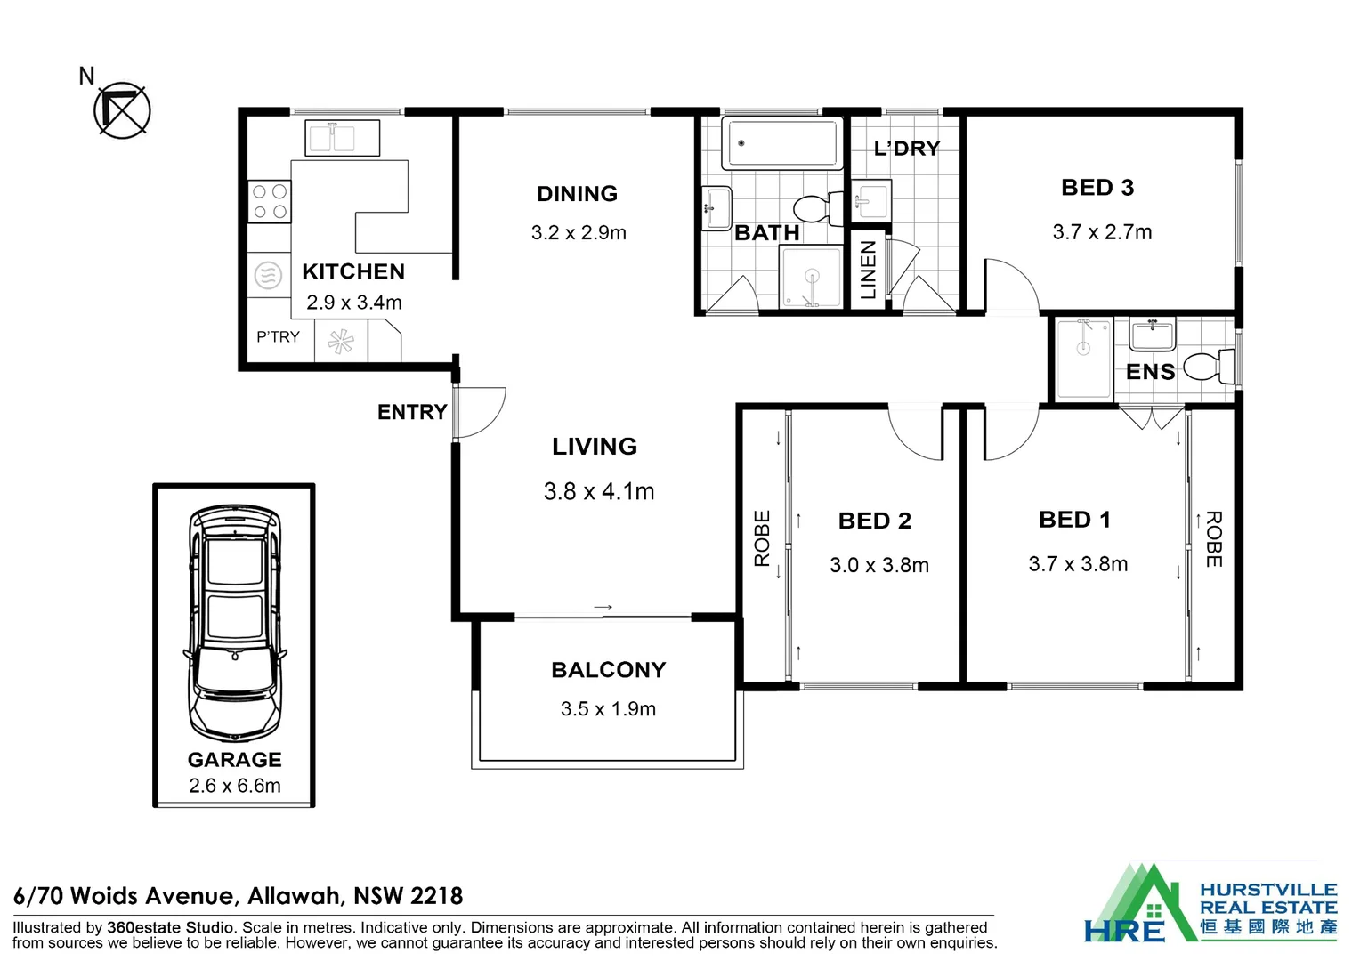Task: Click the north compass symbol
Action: [x=122, y=110]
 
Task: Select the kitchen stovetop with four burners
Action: [x=269, y=201]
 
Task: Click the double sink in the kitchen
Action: [x=343, y=139]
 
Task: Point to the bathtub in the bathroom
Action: [x=781, y=143]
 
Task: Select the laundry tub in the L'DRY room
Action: [x=872, y=200]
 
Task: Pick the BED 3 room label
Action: [x=1097, y=188]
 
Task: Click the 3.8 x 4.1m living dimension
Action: [x=599, y=491]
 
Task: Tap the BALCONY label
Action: [x=608, y=670]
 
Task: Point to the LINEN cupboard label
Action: [x=868, y=270]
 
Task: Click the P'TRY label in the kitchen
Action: [x=278, y=337]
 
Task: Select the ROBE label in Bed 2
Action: [x=762, y=538]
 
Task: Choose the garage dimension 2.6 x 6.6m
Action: [x=235, y=786]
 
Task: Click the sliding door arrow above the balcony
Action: [x=603, y=608]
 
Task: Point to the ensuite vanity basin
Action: [x=1153, y=335]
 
